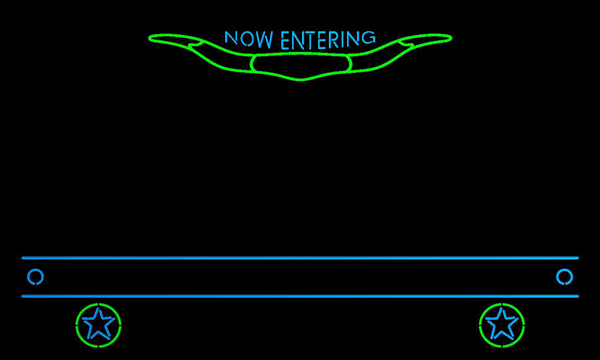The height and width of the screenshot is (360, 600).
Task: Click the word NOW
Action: click(249, 38)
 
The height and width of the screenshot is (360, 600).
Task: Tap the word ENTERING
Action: click(328, 40)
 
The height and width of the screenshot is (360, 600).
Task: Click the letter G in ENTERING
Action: click(368, 37)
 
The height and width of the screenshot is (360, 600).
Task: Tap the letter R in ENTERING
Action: click(334, 40)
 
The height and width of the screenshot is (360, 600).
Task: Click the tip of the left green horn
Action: click(149, 38)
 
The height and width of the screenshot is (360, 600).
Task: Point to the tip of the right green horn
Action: click(452, 38)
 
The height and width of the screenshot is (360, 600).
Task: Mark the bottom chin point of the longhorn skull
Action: click(301, 80)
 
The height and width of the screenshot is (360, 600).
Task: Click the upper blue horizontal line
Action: click(300, 258)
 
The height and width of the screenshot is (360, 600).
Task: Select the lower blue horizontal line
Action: click(300, 296)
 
